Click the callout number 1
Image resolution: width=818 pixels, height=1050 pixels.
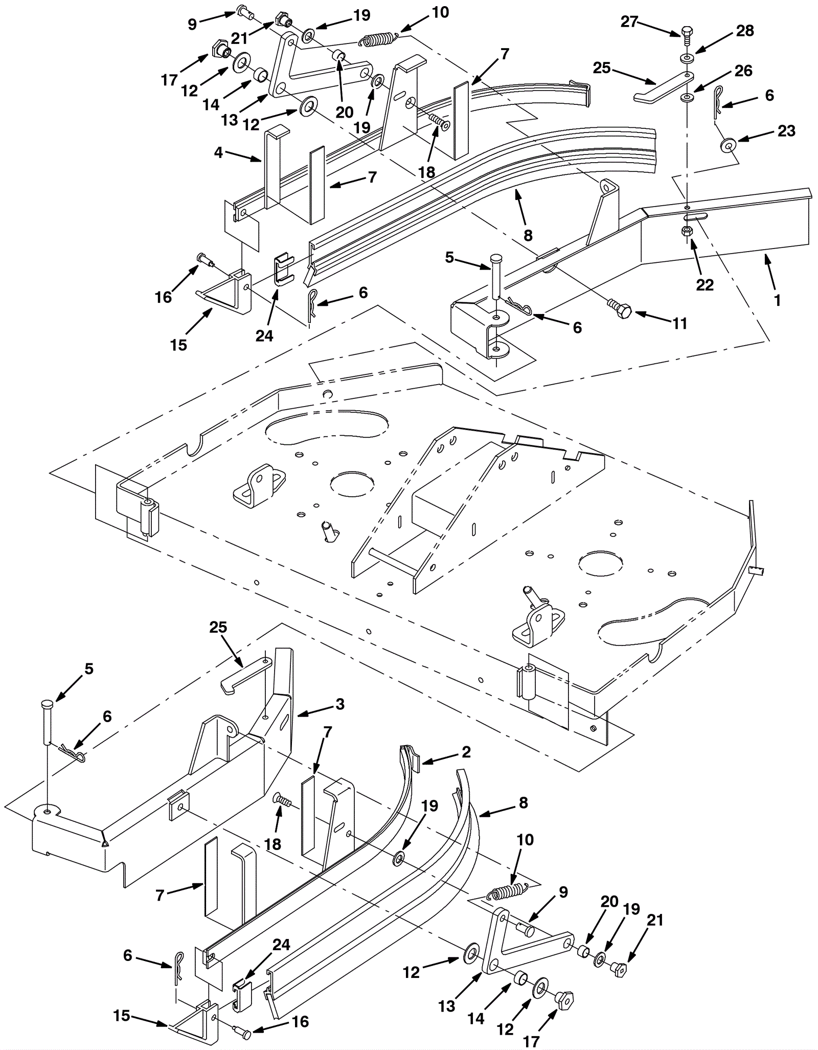[x=777, y=300]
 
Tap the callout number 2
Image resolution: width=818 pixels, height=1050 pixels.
[x=466, y=751]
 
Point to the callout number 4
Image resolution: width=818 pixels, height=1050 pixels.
[x=218, y=152]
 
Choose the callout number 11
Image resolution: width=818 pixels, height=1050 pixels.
[x=679, y=323]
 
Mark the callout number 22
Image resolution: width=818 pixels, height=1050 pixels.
[x=705, y=284]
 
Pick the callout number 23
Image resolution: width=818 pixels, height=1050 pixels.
[x=786, y=131]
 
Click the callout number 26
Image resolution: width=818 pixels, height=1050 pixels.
[x=743, y=71]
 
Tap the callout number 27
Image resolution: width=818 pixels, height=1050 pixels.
[x=629, y=22]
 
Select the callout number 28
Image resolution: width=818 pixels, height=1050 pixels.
[x=744, y=31]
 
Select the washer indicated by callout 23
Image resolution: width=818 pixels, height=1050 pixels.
[x=726, y=145]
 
